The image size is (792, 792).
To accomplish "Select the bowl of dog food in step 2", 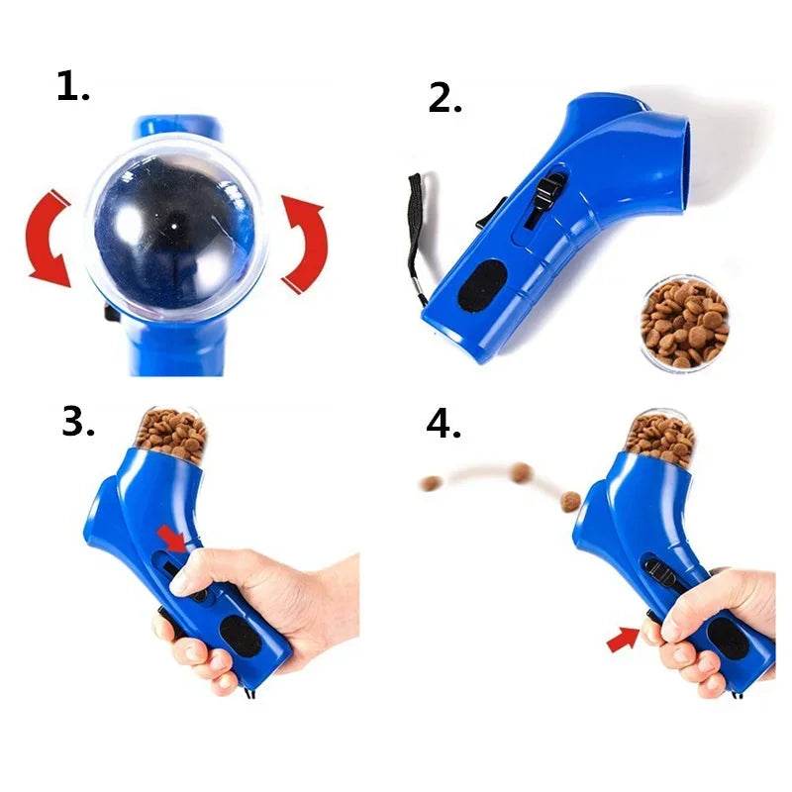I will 684,322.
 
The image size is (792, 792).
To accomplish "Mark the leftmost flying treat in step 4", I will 431,483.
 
